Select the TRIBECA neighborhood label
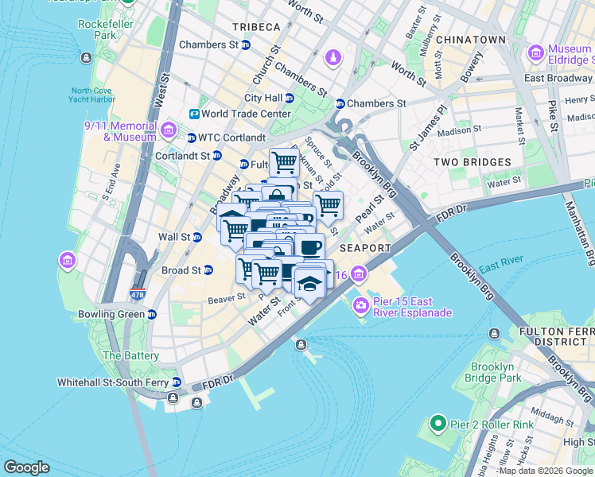click(x=256, y=27)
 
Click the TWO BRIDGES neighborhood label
click(x=472, y=162)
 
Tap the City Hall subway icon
click(x=290, y=98)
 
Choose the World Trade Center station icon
click(x=193, y=114)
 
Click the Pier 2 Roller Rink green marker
click(x=437, y=424)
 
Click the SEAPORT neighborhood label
click(x=365, y=248)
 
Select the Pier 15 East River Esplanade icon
click(x=362, y=304)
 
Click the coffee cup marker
click(x=309, y=246)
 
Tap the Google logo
click(x=26, y=467)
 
